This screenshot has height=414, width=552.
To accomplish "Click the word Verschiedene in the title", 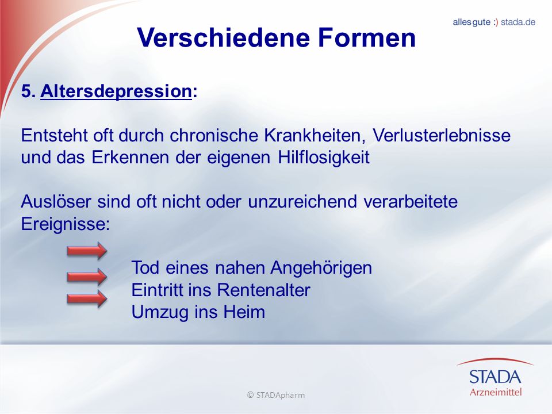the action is point(224,37).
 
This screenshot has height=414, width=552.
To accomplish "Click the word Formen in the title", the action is point(367,37).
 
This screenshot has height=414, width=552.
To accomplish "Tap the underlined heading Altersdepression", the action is point(116,91).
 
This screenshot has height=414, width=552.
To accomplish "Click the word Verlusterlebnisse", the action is point(442,135).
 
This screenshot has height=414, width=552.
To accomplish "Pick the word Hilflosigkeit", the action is point(324,158).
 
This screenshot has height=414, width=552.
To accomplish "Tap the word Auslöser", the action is point(56,201).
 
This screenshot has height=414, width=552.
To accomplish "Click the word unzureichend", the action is point(302,201).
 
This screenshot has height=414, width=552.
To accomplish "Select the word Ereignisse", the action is point(65,224).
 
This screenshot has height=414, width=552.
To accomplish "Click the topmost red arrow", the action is point(87,251).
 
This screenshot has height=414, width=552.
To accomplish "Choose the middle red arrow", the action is point(87,277).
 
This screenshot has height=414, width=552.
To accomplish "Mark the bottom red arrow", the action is point(87,299).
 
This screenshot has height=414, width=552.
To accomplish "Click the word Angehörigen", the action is point(321,268).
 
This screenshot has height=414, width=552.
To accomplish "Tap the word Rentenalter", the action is point(263,290).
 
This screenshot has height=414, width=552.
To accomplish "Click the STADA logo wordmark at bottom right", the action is point(495,377).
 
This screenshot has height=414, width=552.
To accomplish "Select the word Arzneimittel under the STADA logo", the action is point(496,392).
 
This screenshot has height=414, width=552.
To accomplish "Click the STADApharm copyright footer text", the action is point(276,395).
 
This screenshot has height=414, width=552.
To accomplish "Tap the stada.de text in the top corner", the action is point(518,22).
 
